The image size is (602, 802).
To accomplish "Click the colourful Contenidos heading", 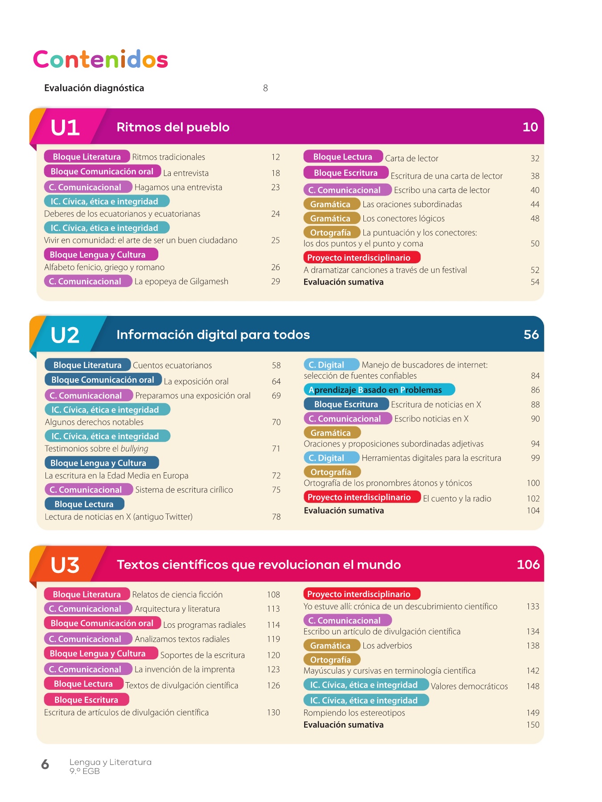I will pos(100,60).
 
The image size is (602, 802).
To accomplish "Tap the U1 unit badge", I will pos(65,127).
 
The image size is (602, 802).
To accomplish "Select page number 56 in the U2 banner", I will pos(531,335).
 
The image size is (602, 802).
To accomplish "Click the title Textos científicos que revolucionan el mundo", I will pos(259,565).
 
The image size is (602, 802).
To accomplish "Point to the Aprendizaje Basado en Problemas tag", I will pos(379,390).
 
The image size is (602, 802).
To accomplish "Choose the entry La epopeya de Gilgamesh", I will pos(181,282).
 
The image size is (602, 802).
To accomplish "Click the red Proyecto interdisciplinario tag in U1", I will pos(361,258).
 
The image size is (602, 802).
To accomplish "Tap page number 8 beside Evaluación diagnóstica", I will pos(265,88).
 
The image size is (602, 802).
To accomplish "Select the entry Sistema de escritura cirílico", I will pos(184,490).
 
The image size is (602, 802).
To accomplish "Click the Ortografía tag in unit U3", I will pos(331,659).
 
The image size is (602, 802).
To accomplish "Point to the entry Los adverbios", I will pos(387,646).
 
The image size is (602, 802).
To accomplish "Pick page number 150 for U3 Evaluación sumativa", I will pos(532,725).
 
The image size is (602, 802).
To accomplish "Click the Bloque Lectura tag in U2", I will pos(84,504).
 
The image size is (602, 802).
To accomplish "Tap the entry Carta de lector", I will pos(411,159).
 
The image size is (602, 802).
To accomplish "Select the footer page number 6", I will pos(45,765).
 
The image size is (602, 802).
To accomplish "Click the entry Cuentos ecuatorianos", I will pos(172,365).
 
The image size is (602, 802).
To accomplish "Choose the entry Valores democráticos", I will pos(469,686).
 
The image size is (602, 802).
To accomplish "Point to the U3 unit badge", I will pos(65,565).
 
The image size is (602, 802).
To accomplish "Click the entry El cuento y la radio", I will pos(457,499).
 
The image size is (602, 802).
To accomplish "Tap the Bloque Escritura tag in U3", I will pos(86,700).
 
